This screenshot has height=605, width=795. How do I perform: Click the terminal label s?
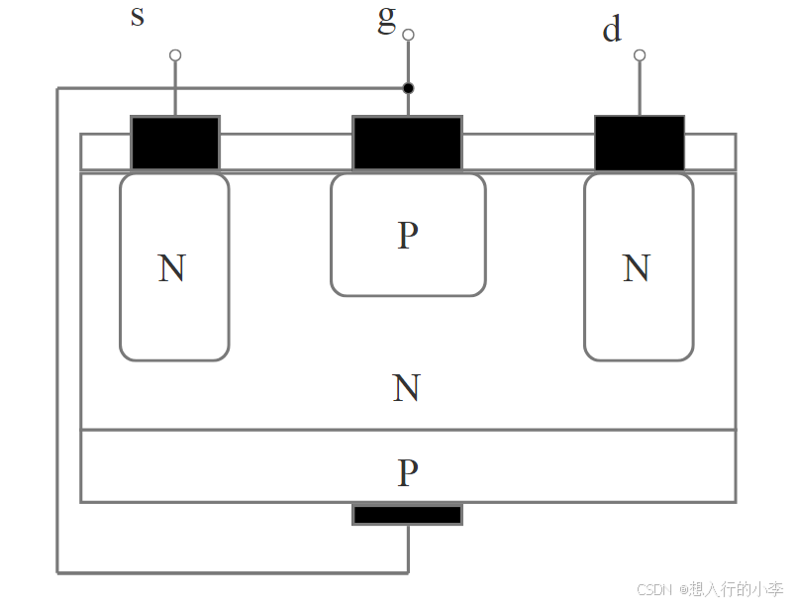(138, 17)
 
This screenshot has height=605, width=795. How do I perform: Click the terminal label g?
(386, 19)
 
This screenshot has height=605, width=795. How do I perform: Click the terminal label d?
(612, 30)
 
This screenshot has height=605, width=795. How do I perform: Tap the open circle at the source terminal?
(175, 54)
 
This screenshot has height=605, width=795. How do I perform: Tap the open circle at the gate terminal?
(408, 35)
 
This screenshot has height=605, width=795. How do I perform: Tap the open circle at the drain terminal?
(640, 54)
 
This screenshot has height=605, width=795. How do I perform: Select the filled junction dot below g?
(408, 88)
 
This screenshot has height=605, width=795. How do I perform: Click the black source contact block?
(175, 144)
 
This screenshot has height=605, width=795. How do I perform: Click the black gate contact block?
(408, 144)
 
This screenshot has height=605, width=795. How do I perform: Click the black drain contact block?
(640, 144)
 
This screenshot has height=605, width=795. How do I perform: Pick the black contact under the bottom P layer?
(408, 515)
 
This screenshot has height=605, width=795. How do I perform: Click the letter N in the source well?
(172, 268)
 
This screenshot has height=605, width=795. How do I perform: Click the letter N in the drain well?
(637, 268)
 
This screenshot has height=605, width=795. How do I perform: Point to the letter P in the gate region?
(408, 236)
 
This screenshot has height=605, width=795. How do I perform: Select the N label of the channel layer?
(406, 388)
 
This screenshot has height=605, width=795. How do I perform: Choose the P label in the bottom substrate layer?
(408, 473)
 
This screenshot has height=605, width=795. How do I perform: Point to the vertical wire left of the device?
(57, 327)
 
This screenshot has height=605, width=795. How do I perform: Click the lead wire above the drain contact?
(640, 87)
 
